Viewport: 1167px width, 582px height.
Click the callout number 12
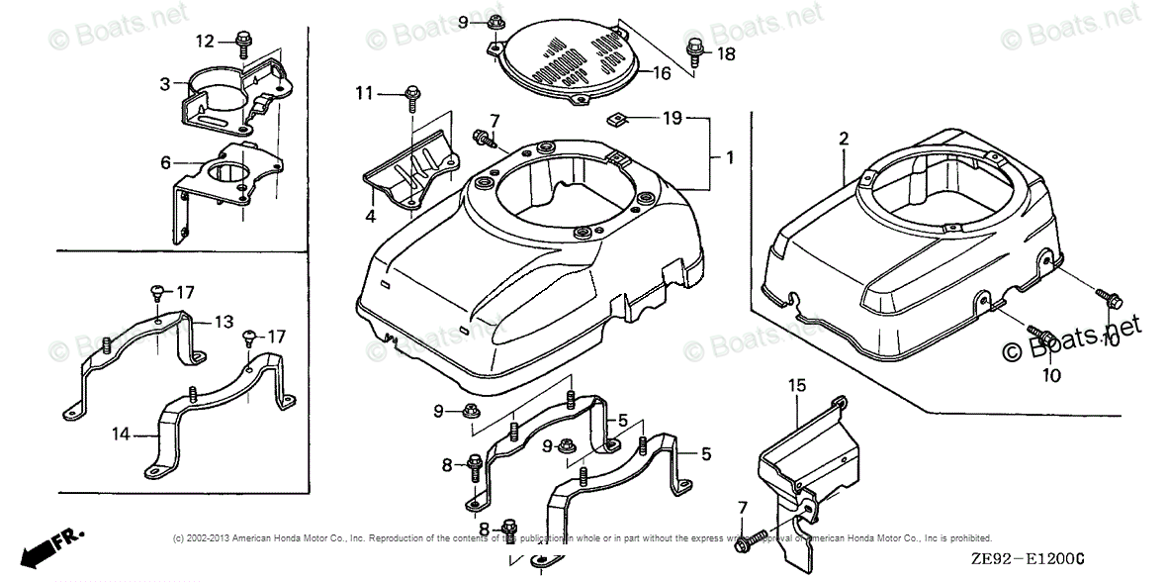pyautogui.click(x=205, y=41)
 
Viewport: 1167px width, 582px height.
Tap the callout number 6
pyautogui.click(x=165, y=162)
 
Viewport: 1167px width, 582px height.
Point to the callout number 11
pyautogui.click(x=365, y=93)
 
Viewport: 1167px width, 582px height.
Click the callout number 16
pyautogui.click(x=662, y=72)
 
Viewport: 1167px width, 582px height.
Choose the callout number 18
pyautogui.click(x=727, y=54)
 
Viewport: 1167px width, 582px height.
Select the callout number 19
pyautogui.click(x=673, y=119)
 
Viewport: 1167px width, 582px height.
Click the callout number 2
pyautogui.click(x=844, y=140)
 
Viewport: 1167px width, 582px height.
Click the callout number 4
pyautogui.click(x=369, y=215)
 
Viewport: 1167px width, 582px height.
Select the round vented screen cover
pyautogui.click(x=569, y=61)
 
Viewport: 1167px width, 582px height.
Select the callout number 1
pyautogui.click(x=729, y=157)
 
